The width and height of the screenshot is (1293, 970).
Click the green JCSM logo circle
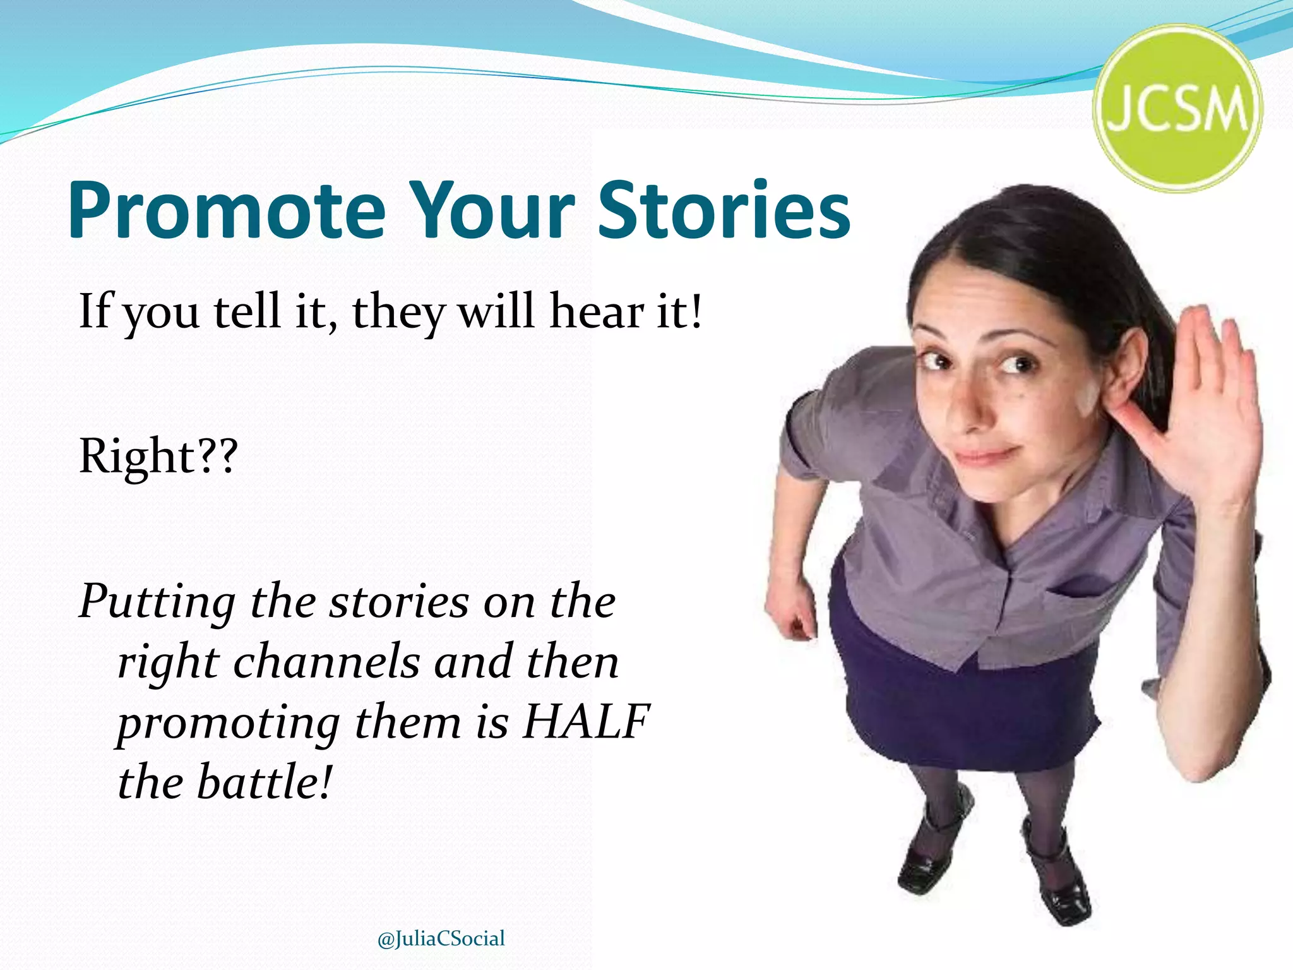point(1177,109)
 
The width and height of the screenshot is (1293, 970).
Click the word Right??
point(158,456)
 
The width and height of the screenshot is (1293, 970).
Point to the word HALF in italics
point(586,721)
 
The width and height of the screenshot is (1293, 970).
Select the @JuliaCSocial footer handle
point(441,938)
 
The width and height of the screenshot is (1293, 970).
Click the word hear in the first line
point(597,311)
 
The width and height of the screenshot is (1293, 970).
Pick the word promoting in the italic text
point(229,724)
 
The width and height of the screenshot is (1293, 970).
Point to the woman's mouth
point(985,453)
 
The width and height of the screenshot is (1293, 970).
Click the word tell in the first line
point(247,311)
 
